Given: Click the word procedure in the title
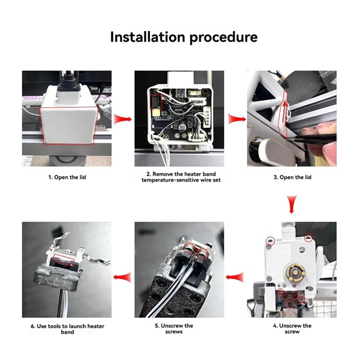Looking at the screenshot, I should pos(223,37).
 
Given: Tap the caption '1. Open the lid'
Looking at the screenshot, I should pos(67,177).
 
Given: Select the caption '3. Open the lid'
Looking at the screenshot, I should pos(292,177).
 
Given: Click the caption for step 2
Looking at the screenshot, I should pos(180,177).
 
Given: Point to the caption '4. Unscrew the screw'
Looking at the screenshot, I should pos(292,328).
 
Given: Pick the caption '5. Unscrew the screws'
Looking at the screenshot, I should pos(180,328).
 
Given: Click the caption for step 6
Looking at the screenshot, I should pos(67,328).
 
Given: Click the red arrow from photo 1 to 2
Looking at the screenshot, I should pos(122,120).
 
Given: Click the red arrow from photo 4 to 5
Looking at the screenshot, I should pos(235,276).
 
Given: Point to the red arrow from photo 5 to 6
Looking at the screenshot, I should pos(122,276).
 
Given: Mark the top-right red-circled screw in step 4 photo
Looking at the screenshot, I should pos(308,237).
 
